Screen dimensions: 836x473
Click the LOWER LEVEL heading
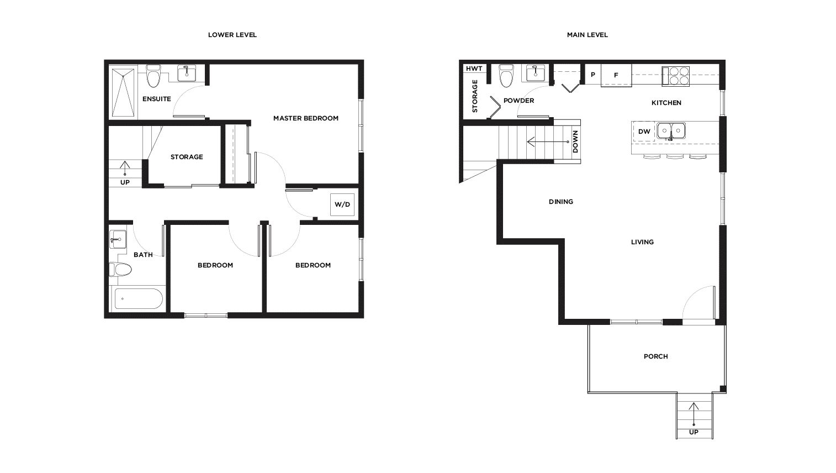(x=232, y=35)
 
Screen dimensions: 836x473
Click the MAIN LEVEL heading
(x=587, y=35)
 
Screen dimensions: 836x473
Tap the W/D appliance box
(x=342, y=204)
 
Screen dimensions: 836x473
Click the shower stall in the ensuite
(x=123, y=92)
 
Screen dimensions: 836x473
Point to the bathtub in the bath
(x=139, y=298)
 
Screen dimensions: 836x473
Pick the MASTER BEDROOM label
(x=306, y=118)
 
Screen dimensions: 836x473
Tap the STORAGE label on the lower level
(x=187, y=157)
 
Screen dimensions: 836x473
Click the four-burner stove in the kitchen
(x=675, y=76)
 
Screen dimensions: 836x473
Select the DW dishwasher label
(x=644, y=132)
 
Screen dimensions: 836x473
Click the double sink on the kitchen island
(x=671, y=131)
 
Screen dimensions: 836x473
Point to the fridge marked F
(x=616, y=75)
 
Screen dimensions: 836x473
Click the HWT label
(x=474, y=69)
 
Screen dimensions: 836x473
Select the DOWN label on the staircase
(x=575, y=141)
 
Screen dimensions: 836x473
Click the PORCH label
(x=656, y=356)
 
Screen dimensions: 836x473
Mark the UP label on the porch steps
(x=694, y=432)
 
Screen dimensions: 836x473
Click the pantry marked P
(x=592, y=75)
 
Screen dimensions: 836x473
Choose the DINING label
(x=560, y=202)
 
